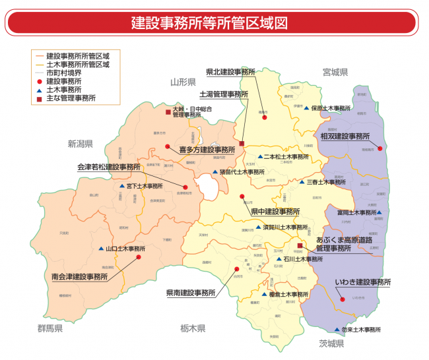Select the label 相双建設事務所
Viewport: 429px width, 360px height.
pyautogui.click(x=345, y=136)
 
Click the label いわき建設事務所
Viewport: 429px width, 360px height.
pyautogui.click(x=363, y=282)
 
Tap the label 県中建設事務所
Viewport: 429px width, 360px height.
pyautogui.click(x=275, y=212)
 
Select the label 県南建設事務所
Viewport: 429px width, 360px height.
pyautogui.click(x=191, y=291)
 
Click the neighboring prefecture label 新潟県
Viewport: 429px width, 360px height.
pyautogui.click(x=80, y=143)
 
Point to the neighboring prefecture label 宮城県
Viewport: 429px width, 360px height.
pyautogui.click(x=335, y=71)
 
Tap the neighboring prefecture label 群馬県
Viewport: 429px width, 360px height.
pyautogui.click(x=49, y=328)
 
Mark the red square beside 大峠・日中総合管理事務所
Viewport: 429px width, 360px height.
pyautogui.click(x=168, y=112)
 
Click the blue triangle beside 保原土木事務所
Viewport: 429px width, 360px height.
pyautogui.click(x=306, y=107)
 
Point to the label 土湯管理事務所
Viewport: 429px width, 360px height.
pyautogui.click(x=224, y=94)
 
